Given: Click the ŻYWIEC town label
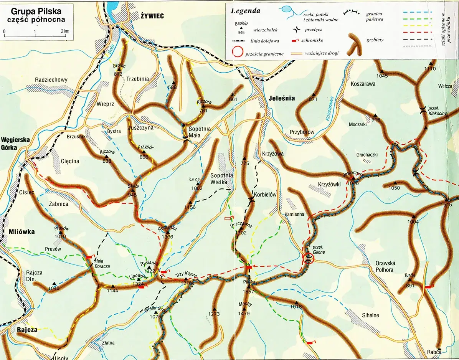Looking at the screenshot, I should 152,16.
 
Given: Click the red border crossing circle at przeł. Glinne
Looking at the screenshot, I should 308,259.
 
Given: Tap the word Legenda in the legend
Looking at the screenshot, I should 246,11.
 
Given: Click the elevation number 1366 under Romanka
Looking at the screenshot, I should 168,237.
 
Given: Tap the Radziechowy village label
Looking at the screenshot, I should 51,80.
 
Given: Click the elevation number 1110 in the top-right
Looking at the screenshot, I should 430,69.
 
